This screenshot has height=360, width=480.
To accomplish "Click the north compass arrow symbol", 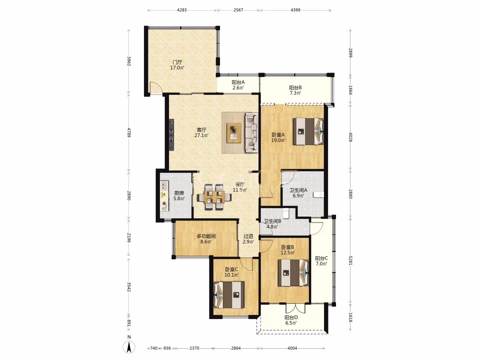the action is point(129,347).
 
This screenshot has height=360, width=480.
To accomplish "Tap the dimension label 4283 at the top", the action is point(182,10).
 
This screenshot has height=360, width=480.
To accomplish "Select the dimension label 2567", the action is point(238,10).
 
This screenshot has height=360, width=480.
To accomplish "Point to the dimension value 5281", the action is point(350,260).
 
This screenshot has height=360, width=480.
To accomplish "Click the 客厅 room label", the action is point(201,130).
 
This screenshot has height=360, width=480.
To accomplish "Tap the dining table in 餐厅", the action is point(215,197).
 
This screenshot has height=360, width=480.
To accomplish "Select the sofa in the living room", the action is point(251,132).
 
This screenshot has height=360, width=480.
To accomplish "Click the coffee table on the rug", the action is point(234,133).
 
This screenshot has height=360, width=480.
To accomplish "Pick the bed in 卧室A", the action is point(308,131).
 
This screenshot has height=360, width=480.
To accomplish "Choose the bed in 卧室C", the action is point(229,295).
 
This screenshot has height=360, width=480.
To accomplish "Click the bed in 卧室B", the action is point(293,273).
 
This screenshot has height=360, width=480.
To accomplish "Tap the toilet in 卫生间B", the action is point(286,213).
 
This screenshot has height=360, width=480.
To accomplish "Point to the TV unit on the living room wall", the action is point(171,135).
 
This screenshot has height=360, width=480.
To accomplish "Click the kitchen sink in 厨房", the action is point(164,186).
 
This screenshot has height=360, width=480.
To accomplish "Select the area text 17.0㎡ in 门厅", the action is point(177,68).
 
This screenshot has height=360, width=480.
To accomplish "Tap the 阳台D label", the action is point(291,317).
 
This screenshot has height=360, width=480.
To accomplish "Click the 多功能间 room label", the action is point(206,236).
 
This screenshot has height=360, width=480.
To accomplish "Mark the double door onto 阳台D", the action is point(295,308).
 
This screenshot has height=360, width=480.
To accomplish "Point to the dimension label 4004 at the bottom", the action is point(292,348).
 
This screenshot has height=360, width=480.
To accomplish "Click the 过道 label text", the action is point(248,236).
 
